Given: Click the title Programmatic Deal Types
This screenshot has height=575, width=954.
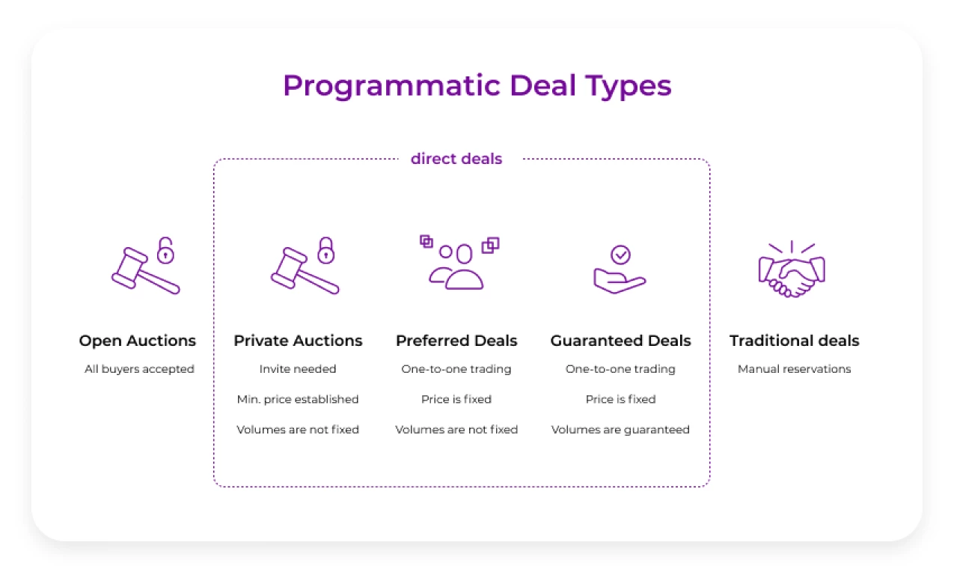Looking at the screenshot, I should (x=477, y=85).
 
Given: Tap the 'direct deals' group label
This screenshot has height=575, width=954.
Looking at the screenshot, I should (x=456, y=159).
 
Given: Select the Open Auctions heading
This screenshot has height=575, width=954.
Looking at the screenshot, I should (x=138, y=341).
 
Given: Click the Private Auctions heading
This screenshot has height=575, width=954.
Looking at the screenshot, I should (x=298, y=341).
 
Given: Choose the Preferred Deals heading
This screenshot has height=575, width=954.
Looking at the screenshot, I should (x=456, y=341).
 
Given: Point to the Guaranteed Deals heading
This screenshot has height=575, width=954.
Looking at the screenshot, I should (x=620, y=341).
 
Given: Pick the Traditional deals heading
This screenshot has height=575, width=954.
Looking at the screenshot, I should (x=794, y=341).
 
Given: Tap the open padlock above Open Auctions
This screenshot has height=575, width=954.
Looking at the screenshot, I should (x=165, y=251).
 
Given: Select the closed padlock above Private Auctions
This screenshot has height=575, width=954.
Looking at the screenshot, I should (x=325, y=251).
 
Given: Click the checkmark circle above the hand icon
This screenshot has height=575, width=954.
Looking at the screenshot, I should (x=620, y=255).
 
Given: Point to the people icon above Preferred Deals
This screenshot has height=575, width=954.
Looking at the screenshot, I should (x=456, y=267).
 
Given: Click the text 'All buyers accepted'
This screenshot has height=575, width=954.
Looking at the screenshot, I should (x=139, y=369).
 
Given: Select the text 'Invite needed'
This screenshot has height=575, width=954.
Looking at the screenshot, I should (x=298, y=369).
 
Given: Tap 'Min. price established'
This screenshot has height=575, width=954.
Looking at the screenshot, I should (x=298, y=399).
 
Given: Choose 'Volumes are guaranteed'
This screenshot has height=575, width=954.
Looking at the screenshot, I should (x=620, y=430).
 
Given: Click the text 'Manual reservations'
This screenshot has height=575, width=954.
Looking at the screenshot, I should (x=794, y=369).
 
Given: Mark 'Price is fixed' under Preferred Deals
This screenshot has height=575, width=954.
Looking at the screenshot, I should (x=456, y=399).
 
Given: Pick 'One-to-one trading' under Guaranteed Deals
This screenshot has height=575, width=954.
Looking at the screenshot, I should (x=620, y=369).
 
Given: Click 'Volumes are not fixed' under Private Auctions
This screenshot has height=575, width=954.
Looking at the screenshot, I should (x=298, y=430).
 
